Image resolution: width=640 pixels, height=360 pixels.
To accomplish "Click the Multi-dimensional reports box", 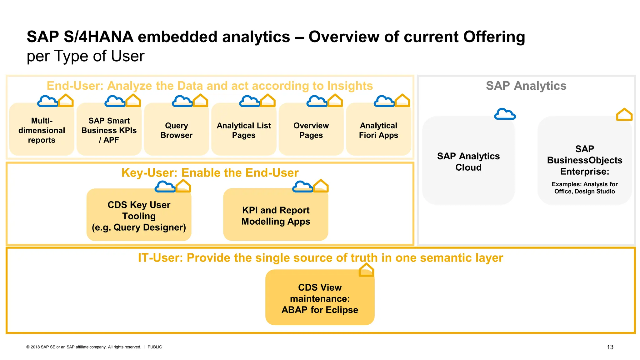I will pyautogui.click(x=42, y=130).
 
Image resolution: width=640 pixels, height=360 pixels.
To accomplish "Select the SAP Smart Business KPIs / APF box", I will pyautogui.click(x=109, y=130).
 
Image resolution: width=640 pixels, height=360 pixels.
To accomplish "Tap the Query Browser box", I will pyautogui.click(x=176, y=130).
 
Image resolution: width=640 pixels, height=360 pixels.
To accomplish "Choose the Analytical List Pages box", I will pyautogui.click(x=244, y=130).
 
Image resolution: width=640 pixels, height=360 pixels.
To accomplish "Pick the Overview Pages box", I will pyautogui.click(x=311, y=130).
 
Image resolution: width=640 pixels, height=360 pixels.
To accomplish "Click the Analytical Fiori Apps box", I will pyautogui.click(x=378, y=130).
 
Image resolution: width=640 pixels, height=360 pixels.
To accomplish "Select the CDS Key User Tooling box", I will pyautogui.click(x=139, y=216).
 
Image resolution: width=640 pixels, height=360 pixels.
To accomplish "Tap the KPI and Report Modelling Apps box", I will pyautogui.click(x=276, y=216).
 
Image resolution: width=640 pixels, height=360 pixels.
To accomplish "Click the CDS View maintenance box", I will pyautogui.click(x=320, y=298).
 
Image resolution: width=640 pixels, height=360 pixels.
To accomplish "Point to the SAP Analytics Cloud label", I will pyautogui.click(x=468, y=162).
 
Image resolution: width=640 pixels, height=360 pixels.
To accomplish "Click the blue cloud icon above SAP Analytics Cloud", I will pyautogui.click(x=505, y=114).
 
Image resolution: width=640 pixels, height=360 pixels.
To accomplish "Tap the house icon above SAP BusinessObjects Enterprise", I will pyautogui.click(x=624, y=115).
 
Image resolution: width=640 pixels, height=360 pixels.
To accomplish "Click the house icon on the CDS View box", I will pyautogui.click(x=366, y=270).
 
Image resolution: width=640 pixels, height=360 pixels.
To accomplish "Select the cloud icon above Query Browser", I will pyautogui.click(x=182, y=101).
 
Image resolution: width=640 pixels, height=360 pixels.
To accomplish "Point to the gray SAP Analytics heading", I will pyautogui.click(x=526, y=86).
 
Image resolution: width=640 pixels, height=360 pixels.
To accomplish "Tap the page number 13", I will pyautogui.click(x=610, y=347).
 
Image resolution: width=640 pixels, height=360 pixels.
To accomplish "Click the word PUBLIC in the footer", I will pyautogui.click(x=155, y=347).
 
